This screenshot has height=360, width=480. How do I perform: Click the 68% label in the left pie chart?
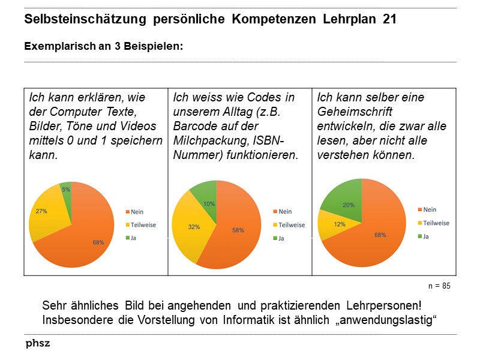click(x=98, y=242)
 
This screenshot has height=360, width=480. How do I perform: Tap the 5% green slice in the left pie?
click(x=66, y=188)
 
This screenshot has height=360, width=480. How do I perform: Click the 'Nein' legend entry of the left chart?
click(x=136, y=212)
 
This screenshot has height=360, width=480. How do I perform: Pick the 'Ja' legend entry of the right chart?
click(x=426, y=236)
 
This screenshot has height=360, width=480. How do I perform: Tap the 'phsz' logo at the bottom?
click(x=37, y=344)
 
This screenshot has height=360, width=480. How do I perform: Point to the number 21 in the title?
click(x=389, y=19)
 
